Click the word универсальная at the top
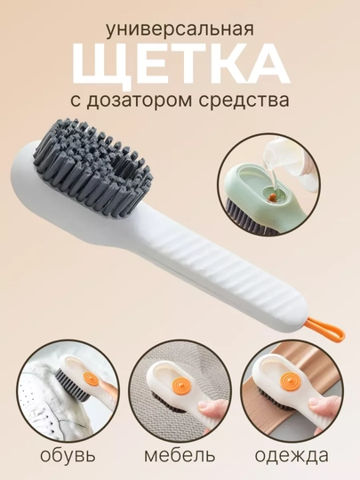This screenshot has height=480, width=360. tap(180, 30)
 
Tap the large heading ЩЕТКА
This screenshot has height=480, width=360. tap(180, 65)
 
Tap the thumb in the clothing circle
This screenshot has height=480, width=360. tap(322, 405)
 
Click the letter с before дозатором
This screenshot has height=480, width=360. tap(76, 101)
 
